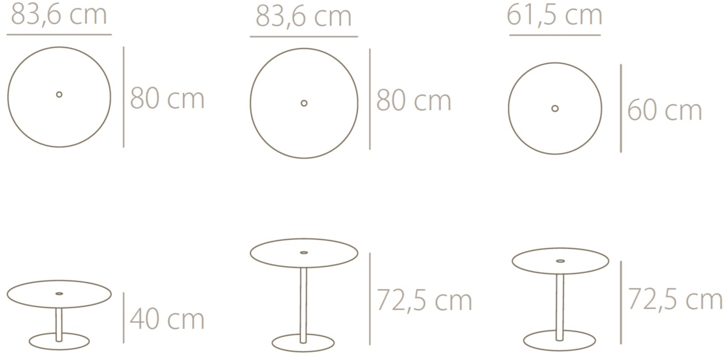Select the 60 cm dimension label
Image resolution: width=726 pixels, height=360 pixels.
[x=664, y=110]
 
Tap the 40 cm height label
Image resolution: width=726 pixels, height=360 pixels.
[x=167, y=319]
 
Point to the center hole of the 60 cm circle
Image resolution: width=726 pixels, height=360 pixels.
[x=555, y=108]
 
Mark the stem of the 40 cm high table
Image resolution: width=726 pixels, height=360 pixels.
[x=59, y=324]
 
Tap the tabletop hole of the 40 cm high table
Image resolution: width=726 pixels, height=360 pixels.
[x=59, y=293]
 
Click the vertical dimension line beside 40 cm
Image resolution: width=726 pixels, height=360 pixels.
[x=124, y=318]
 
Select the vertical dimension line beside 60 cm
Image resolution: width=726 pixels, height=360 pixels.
[x=621, y=108]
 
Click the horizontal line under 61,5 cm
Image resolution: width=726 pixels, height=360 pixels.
[x=555, y=35]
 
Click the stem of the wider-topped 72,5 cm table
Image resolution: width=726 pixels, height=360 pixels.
[x=303, y=305]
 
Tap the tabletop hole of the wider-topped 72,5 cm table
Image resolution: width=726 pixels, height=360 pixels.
[x=304, y=252]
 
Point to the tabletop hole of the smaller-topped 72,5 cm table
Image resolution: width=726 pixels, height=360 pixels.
[x=560, y=261]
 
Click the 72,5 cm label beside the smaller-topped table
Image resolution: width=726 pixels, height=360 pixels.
[x=676, y=299]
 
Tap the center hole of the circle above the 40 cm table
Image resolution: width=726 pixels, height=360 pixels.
[x=60, y=94]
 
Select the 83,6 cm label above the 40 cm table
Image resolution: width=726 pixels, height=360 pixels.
[x=59, y=15]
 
